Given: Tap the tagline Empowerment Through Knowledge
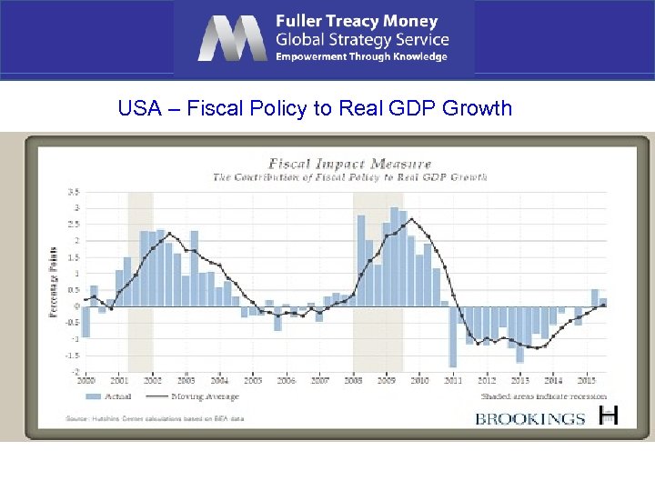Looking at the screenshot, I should click(x=361, y=57).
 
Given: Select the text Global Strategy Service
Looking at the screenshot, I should click(x=362, y=39).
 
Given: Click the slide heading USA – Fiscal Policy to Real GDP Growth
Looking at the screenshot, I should click(x=315, y=109).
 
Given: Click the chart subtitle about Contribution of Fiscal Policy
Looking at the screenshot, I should click(x=350, y=176).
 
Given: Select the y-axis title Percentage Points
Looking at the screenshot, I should click(x=53, y=282).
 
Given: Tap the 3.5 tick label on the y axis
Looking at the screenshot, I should click(x=73, y=192).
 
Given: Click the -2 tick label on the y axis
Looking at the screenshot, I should click(x=75, y=372).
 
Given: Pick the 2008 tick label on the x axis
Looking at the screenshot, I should click(x=352, y=381).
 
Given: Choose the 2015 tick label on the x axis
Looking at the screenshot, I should click(x=587, y=381).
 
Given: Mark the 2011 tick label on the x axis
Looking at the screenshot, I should click(x=453, y=381).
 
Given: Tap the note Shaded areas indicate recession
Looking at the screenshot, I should click(x=544, y=396).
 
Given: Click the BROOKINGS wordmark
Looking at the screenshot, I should click(x=530, y=418).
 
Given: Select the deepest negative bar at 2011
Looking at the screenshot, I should click(x=452, y=336).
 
